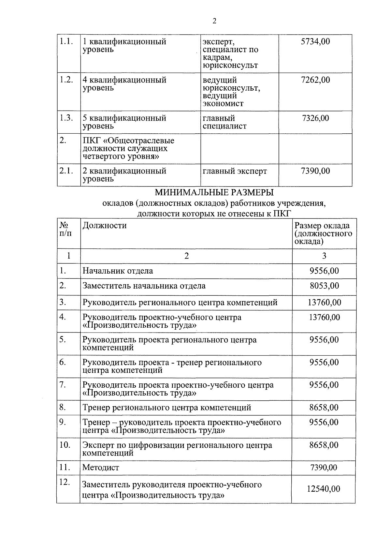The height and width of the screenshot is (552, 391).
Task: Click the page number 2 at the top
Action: pyautogui.click(x=214, y=22)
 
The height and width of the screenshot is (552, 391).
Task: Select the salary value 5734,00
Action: pyautogui.click(x=315, y=41)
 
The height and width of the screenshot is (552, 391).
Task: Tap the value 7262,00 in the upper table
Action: pyautogui.click(x=315, y=80)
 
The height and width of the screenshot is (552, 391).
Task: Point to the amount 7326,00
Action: pyautogui.click(x=315, y=118)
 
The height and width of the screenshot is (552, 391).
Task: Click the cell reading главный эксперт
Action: pyautogui.click(x=235, y=171)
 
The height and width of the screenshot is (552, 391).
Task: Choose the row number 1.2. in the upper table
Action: pyautogui.click(x=66, y=80)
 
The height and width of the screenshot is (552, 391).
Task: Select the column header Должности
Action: pyautogui.click(x=104, y=225)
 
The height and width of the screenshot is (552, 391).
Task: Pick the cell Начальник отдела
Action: pyautogui.click(x=118, y=271)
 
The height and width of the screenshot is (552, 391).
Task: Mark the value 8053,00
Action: pyautogui.click(x=324, y=286)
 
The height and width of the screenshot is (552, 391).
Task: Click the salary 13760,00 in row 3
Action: pyautogui.click(x=324, y=303)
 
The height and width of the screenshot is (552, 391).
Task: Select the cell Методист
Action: pyautogui.click(x=101, y=468)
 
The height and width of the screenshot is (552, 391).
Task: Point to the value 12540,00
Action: pyautogui.click(x=323, y=489)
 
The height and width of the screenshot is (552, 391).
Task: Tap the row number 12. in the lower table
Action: pyautogui.click(x=65, y=483)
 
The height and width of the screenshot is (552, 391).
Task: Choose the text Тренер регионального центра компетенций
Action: pyautogui.click(x=167, y=408)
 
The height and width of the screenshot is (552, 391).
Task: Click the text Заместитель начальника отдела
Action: pyautogui.click(x=144, y=286)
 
